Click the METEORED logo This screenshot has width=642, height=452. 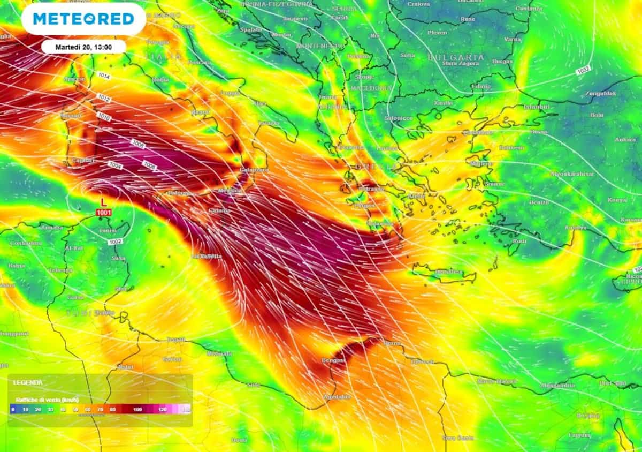(83, 19)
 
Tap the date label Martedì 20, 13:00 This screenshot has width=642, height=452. (83, 47)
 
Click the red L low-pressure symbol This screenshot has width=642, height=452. (104, 204)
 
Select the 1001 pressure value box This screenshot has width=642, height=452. (104, 213)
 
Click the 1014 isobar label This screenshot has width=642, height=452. (104, 77)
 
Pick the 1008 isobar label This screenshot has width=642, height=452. (138, 144)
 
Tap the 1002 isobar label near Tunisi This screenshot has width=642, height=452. (114, 242)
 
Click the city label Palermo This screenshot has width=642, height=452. (180, 193)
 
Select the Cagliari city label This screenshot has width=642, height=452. (82, 160)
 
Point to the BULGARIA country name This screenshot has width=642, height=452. (456, 57)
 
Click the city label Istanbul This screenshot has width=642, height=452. (537, 107)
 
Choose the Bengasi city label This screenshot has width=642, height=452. (333, 360)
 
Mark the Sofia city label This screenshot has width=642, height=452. (408, 55)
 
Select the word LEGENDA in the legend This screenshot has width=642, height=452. (28, 382)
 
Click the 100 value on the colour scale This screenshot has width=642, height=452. (137, 410)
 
